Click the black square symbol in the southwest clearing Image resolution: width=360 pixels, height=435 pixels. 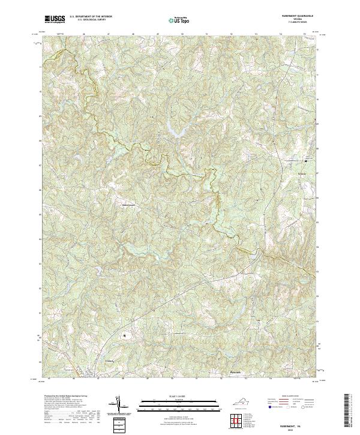coord(125,336)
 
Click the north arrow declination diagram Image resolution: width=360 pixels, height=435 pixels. coord(119,406)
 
